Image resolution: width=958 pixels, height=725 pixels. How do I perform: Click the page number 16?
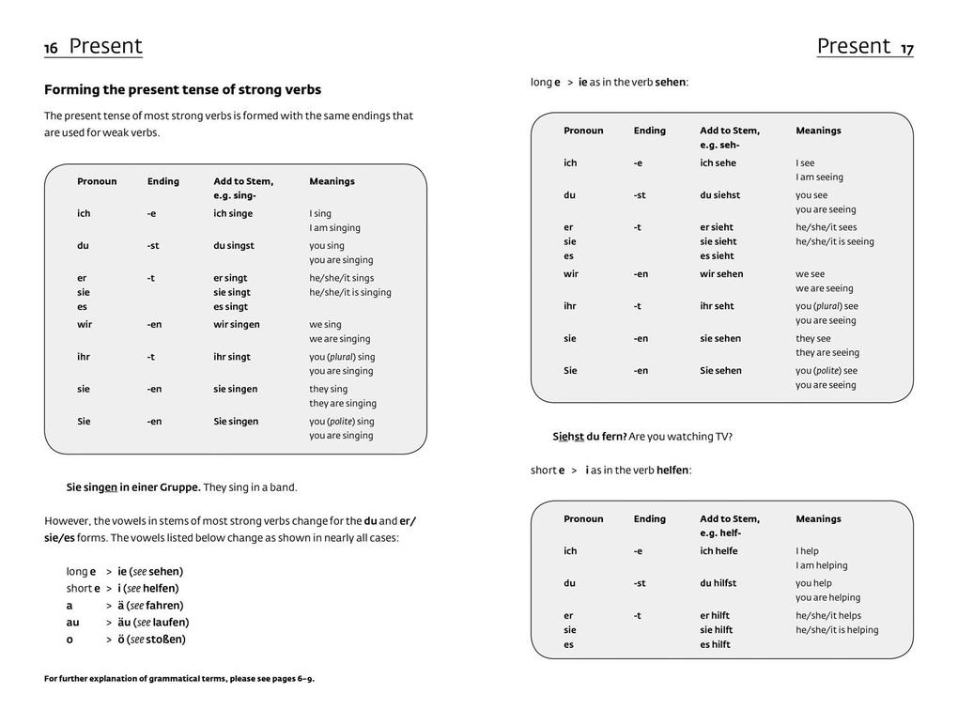coord(51,49)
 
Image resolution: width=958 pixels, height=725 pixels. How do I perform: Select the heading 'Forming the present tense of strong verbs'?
coord(182,90)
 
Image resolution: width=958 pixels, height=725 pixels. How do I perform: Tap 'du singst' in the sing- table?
coord(234,246)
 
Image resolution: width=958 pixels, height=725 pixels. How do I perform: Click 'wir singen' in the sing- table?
coord(236,325)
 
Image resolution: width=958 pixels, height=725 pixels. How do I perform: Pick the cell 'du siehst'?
coord(719,195)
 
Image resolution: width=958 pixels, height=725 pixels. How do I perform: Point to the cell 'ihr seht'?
coord(718,306)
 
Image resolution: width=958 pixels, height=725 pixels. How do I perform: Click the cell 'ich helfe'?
coord(718,551)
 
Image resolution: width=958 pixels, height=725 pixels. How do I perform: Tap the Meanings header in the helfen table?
coord(818,519)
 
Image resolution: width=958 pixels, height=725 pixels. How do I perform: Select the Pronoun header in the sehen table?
coord(583,131)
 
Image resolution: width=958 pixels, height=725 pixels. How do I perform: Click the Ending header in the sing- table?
coord(162,181)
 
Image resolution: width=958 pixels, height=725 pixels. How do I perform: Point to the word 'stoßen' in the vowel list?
coord(168,640)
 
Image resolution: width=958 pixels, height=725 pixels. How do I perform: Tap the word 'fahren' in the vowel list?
coord(164,606)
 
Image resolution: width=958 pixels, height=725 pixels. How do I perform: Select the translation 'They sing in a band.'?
coord(250,487)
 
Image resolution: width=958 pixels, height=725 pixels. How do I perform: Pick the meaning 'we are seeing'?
coord(825,288)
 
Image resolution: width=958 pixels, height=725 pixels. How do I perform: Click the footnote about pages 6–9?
coord(179,679)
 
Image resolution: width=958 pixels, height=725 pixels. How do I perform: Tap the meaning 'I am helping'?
coord(822,565)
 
